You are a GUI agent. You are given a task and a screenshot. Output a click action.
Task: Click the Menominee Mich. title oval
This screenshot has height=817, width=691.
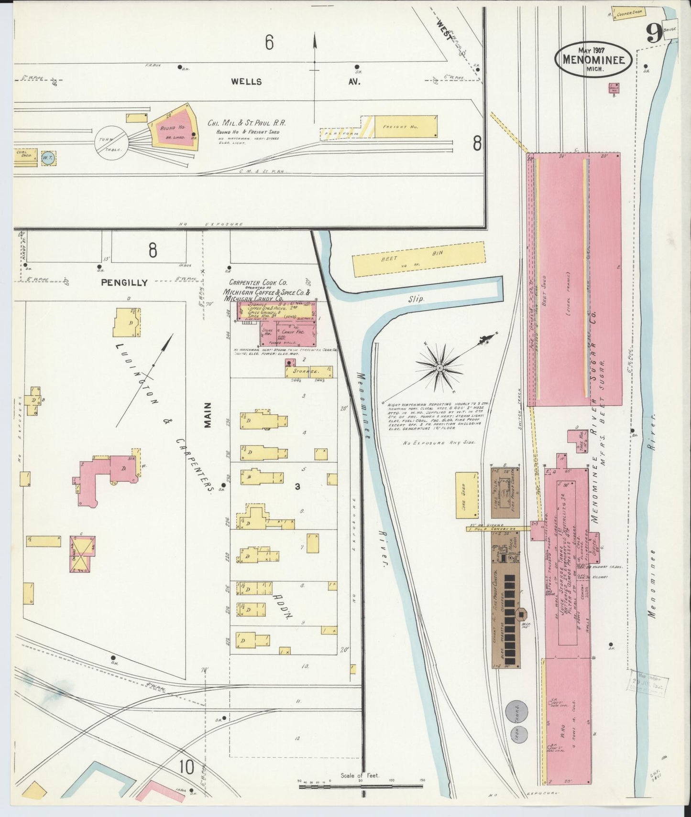593,59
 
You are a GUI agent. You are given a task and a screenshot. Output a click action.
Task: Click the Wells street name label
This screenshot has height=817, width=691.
246,82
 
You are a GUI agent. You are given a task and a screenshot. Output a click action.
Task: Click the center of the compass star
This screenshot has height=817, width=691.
439,368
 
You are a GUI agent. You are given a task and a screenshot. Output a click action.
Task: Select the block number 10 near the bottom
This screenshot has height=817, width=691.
187,767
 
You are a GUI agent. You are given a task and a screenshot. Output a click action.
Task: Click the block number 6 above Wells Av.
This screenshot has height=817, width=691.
269,43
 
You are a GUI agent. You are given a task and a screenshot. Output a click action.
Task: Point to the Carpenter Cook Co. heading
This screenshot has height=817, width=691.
258,283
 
